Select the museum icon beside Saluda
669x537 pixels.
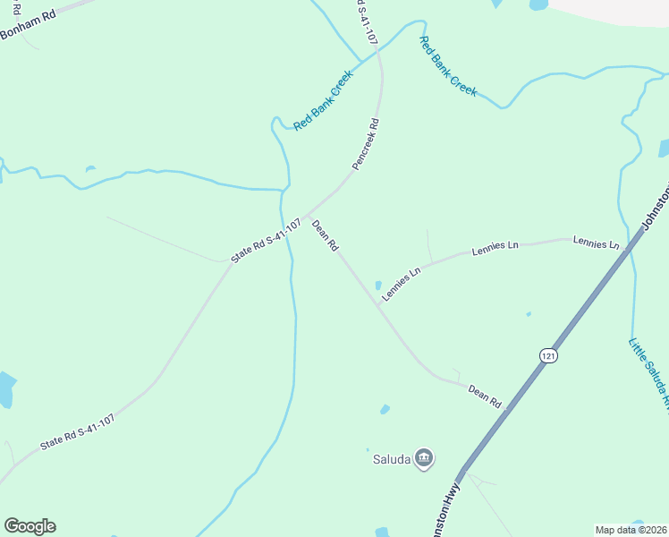[425, 459]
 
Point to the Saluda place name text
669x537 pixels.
[391, 460]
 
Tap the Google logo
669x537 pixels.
[30, 526]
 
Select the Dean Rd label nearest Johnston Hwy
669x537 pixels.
[485, 396]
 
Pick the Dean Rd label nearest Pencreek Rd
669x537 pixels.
[325, 234]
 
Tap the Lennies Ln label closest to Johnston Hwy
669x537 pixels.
[596, 243]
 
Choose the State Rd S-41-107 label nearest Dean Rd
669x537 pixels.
[266, 240]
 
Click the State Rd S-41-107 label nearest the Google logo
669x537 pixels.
[77, 431]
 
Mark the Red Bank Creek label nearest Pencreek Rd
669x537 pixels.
[324, 99]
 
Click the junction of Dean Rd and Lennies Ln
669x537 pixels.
[377, 305]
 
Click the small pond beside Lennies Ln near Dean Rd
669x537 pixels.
[377, 286]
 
